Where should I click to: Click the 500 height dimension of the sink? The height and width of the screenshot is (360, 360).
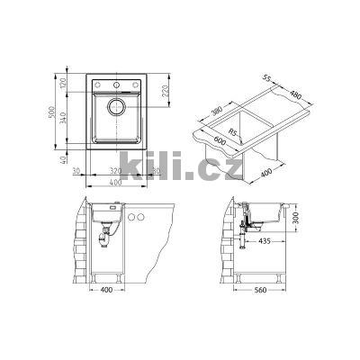click(x=51, y=112)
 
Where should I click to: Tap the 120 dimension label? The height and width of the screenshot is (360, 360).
click(x=63, y=83)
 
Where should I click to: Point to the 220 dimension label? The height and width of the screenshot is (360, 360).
click(x=166, y=91)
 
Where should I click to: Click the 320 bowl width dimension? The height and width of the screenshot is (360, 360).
click(x=115, y=171)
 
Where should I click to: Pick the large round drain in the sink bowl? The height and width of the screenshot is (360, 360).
click(x=116, y=106)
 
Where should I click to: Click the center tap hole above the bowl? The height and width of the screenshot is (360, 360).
click(x=116, y=85)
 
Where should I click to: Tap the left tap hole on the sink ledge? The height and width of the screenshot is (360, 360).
click(x=98, y=85)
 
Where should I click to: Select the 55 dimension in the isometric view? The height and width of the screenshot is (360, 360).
click(x=266, y=77)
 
